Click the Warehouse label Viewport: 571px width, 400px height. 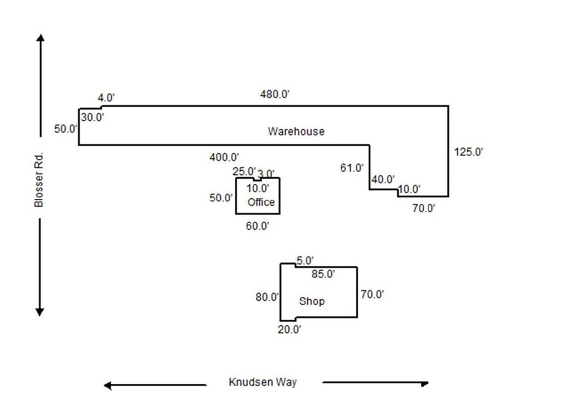click(296, 132)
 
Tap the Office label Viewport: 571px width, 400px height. click(261, 202)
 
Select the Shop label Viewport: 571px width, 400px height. click(312, 301)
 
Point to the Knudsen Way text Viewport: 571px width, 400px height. click(263, 382)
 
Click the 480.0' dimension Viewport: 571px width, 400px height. click(275, 94)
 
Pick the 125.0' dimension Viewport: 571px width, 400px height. click(469, 152)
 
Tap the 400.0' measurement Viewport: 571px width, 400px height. click(224, 158)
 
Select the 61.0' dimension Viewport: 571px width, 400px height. click(352, 167)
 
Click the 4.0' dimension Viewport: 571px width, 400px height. click(107, 98)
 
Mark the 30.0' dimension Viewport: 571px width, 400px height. click(93, 117)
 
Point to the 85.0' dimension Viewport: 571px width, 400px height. click(323, 274)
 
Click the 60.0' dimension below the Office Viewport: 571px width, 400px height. click(258, 226)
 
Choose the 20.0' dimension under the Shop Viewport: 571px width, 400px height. click(290, 329)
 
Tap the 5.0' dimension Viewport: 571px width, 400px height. click(305, 260)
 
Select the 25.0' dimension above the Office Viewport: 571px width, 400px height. click(244, 171)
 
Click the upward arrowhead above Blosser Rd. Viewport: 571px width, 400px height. click(40, 38)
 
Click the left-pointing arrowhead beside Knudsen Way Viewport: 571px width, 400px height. click(108, 385)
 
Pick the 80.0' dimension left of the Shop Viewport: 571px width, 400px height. click(267, 297)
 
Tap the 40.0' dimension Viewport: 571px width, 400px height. click(383, 180)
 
